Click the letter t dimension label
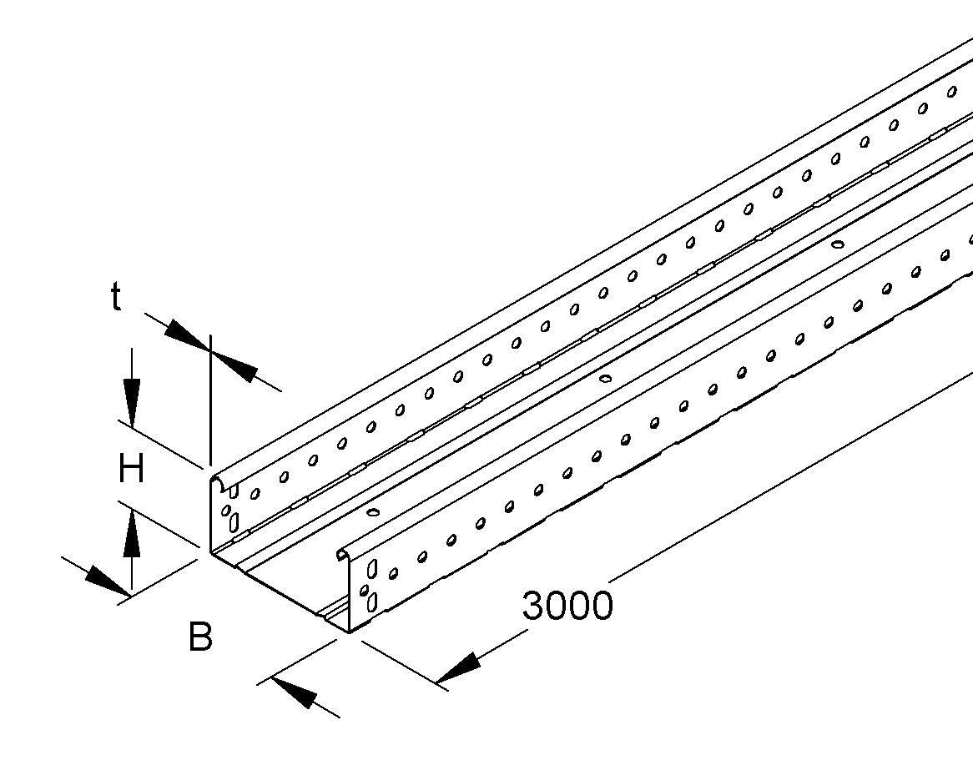click(116, 297)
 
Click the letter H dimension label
click(131, 471)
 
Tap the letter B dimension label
click(199, 638)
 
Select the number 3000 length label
click(567, 606)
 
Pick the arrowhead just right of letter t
click(186, 337)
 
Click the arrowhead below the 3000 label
click(459, 668)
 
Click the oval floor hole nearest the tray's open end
click(373, 512)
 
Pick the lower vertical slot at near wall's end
click(372, 601)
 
